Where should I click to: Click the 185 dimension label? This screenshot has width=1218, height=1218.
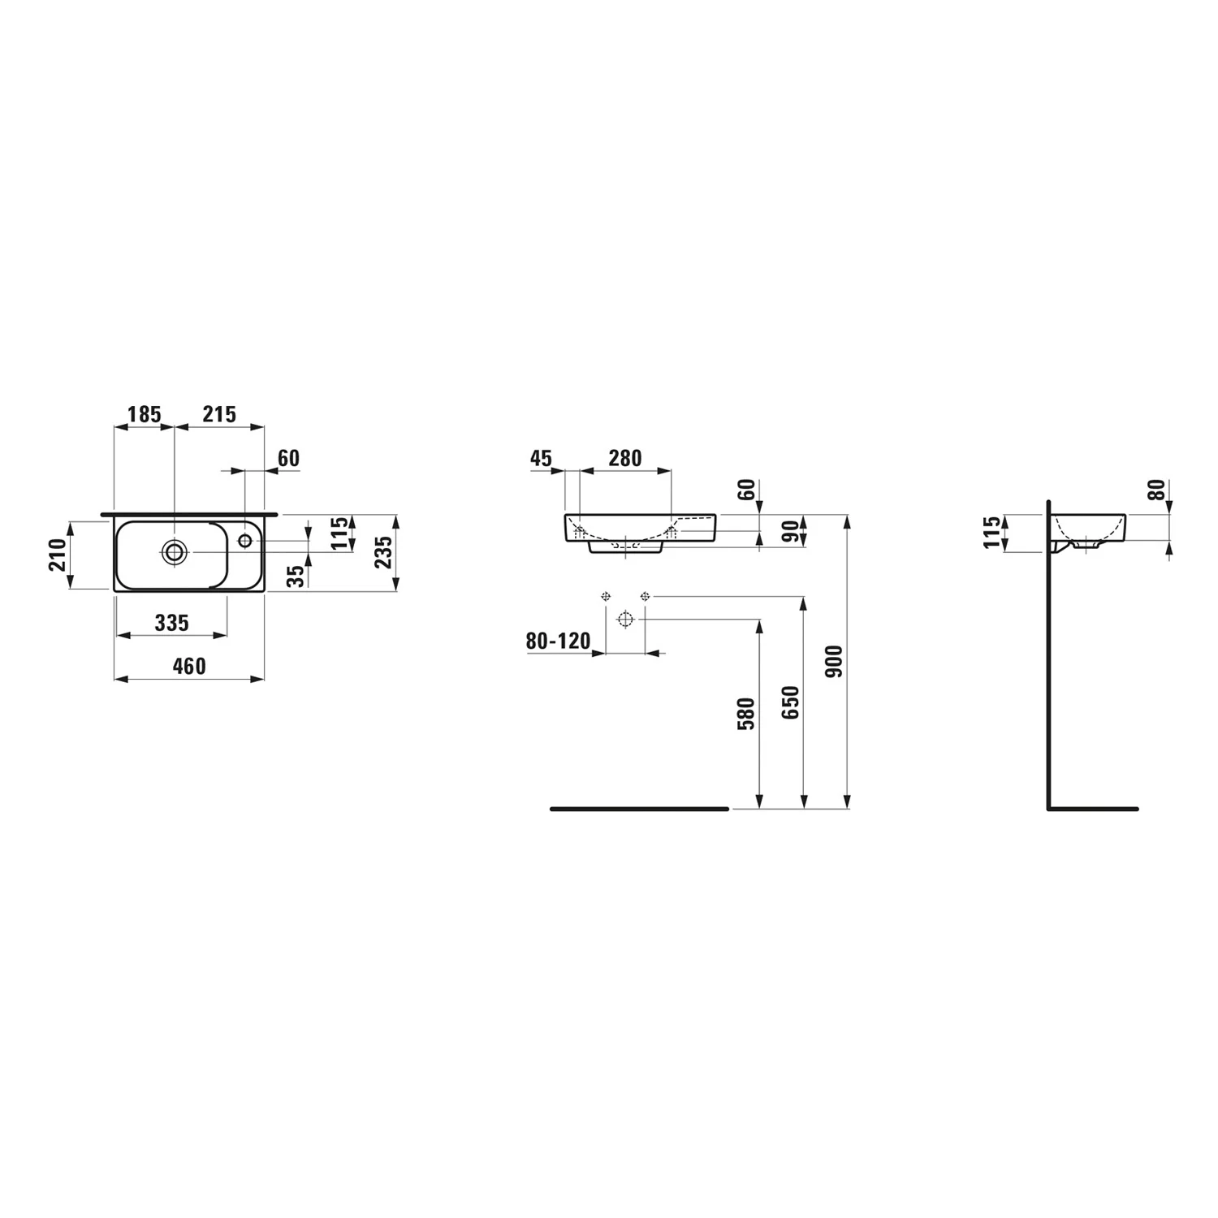[145, 415]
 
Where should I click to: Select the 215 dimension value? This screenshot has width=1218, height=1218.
[219, 415]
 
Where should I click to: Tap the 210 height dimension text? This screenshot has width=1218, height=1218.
[58, 555]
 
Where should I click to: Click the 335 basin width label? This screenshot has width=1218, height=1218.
[171, 623]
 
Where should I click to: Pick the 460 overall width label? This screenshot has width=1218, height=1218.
[189, 667]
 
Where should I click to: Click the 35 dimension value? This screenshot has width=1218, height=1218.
[296, 576]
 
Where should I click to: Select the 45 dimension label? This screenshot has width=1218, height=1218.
[541, 459]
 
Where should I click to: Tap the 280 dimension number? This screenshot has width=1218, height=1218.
[625, 459]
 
